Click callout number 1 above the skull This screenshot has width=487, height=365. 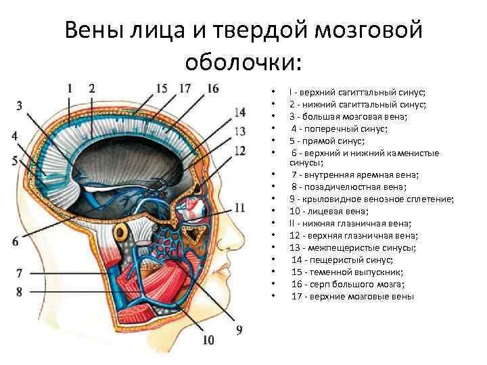click(70, 88)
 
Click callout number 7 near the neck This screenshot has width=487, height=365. click(20, 274)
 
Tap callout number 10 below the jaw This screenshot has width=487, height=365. click(208, 339)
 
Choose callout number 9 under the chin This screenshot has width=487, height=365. click(239, 329)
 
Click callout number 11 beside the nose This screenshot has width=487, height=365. click(239, 207)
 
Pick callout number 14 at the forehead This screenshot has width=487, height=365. click(239, 112)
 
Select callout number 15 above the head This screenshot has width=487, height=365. click(161, 88)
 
